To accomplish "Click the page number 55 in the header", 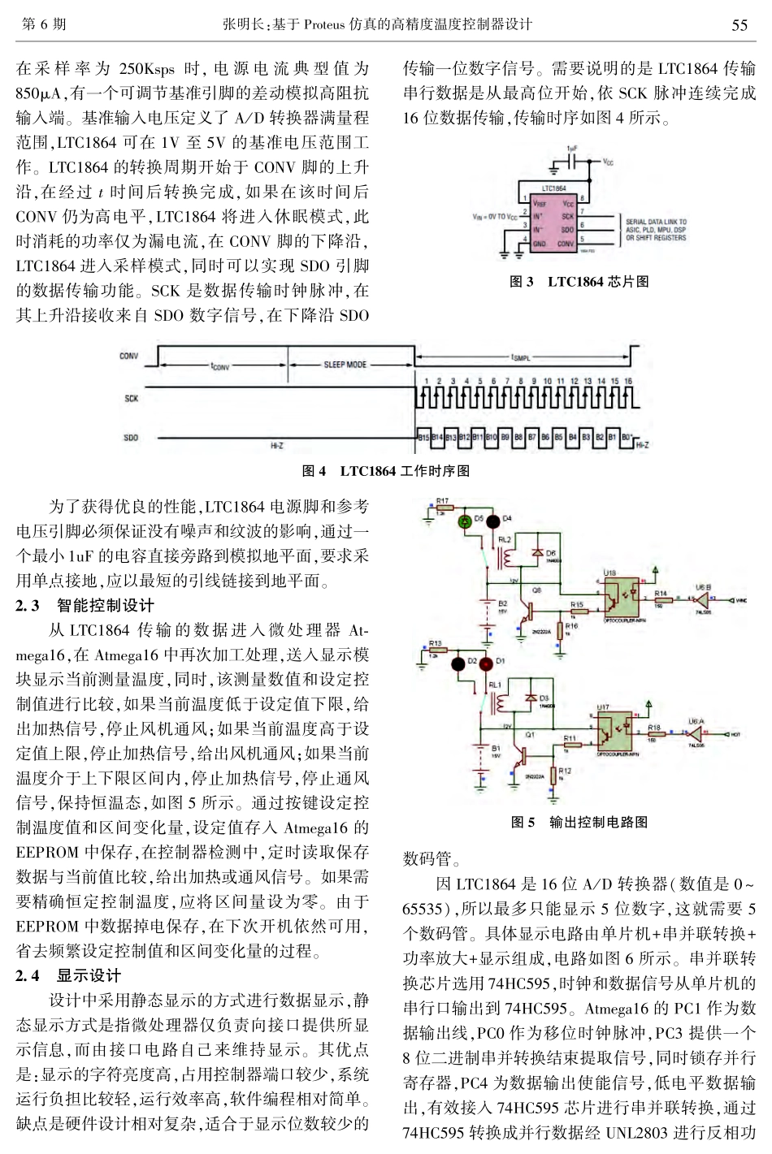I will [x=739, y=24].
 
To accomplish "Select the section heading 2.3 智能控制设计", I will [x=85, y=605].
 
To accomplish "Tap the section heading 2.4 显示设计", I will [x=68, y=975].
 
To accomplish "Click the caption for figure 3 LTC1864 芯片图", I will [x=579, y=282].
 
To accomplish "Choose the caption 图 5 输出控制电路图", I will [x=579, y=822].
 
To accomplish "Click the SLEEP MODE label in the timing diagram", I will [x=345, y=365].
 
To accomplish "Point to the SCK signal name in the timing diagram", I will [x=131, y=399].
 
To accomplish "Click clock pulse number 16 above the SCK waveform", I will [x=627, y=381].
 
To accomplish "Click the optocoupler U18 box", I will [x=620, y=597].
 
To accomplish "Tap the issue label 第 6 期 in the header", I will [x=42, y=24].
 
